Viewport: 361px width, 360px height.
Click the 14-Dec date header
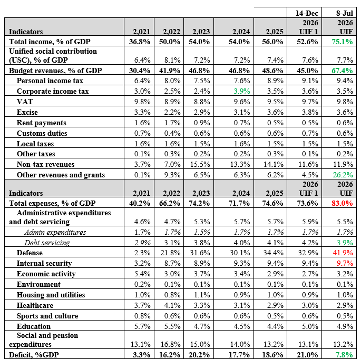click(307, 13)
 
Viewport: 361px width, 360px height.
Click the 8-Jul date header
click(345, 13)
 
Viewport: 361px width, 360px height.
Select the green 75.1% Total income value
click(342, 42)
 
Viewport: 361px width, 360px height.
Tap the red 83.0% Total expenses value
click(342, 203)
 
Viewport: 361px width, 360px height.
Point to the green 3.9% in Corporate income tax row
click(242, 91)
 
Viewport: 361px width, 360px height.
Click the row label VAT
click(25, 102)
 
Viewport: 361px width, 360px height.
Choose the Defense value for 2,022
click(170, 253)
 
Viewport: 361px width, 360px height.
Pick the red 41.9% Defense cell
click(343, 253)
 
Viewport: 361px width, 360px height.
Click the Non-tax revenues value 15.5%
click(200, 164)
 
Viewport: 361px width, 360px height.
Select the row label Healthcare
click(35, 305)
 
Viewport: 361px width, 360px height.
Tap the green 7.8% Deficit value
click(345, 355)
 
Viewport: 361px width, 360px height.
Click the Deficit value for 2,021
click(142, 355)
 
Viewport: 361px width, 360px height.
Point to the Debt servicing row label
click(47, 243)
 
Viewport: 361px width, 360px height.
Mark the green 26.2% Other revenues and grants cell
click(343, 175)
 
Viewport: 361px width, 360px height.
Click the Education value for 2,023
click(202, 326)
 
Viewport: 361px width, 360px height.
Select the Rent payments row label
click(42, 123)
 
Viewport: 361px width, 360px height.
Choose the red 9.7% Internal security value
click(345, 263)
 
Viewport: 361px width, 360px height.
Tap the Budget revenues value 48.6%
click(272, 71)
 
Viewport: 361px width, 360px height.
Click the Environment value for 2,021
click(142, 284)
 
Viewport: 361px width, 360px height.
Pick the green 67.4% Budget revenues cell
click(342, 71)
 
